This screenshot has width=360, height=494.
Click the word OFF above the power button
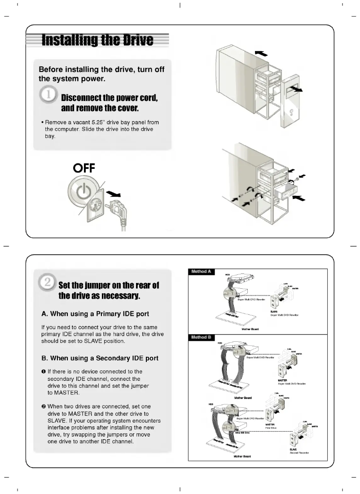[x=83, y=168]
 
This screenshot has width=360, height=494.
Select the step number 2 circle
[x=48, y=282]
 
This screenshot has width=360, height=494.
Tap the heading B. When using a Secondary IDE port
[x=100, y=358]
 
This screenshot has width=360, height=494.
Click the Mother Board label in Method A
[x=250, y=329]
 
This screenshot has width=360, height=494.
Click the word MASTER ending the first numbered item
[x=64, y=393]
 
